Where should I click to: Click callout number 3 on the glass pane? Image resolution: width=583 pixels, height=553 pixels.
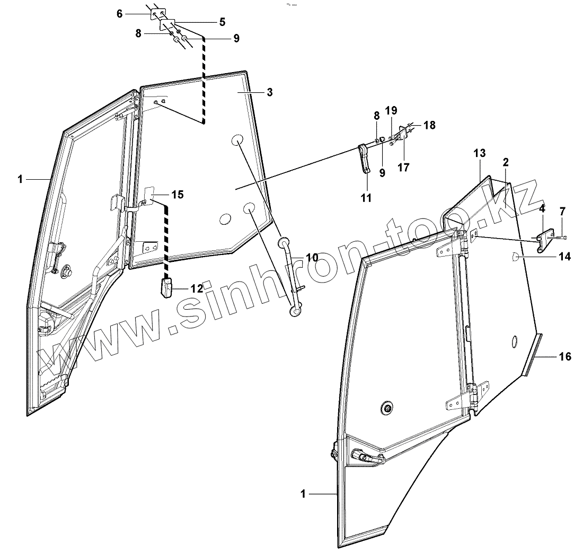(x=270, y=92)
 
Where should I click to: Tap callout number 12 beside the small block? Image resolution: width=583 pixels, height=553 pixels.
(x=197, y=288)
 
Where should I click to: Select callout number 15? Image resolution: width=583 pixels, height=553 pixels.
(x=178, y=195)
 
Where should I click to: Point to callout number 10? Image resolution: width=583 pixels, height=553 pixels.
(x=311, y=258)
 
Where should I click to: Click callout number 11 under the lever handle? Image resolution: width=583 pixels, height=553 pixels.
(x=366, y=198)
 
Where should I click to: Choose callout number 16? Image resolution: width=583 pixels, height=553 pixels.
(x=565, y=356)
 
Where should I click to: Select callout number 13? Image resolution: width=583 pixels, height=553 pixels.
(x=479, y=153)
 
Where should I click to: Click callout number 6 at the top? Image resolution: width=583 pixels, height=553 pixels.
(x=120, y=14)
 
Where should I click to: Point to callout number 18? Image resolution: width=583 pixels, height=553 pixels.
(x=429, y=125)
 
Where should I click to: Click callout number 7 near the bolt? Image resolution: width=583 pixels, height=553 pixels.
(x=563, y=212)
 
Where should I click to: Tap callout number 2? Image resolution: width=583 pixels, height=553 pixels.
(x=506, y=161)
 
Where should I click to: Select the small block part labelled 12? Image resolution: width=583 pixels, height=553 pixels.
(x=167, y=289)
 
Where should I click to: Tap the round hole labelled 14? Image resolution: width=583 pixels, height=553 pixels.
(x=516, y=257)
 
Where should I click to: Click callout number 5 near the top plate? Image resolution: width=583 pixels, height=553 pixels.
(x=222, y=22)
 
